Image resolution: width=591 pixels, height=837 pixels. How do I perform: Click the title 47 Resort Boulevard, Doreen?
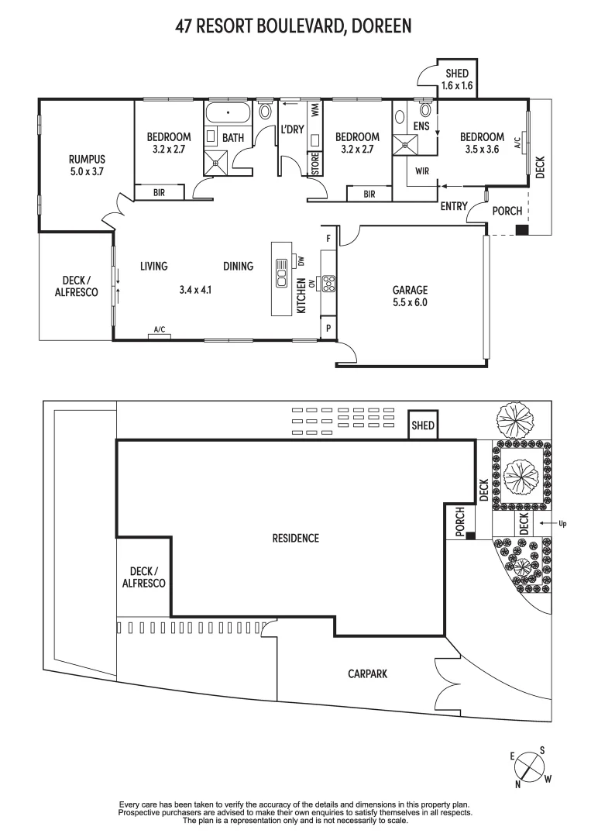(294, 27)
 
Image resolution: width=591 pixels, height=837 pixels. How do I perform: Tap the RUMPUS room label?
(86, 165)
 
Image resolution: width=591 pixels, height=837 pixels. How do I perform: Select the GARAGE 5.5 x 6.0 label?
(410, 297)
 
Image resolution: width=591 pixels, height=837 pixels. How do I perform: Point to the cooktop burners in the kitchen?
(328, 284)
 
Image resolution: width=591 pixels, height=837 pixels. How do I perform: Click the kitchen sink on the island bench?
(281, 279)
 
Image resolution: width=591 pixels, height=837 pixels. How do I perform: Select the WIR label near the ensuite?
(422, 170)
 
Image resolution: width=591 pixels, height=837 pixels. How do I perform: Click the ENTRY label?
(453, 206)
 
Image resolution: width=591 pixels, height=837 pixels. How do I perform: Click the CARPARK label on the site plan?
(367, 674)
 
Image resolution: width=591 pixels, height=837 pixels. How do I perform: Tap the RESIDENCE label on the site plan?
(295, 538)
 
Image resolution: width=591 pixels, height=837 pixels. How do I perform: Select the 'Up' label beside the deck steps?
(562, 524)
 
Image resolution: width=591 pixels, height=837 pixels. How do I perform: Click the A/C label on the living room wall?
(160, 330)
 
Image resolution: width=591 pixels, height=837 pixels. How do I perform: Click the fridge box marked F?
(328, 238)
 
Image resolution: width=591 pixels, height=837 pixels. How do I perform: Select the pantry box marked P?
(328, 329)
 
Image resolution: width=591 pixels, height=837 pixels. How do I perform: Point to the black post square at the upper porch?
(522, 230)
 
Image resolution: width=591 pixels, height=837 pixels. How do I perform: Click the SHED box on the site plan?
(423, 425)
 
